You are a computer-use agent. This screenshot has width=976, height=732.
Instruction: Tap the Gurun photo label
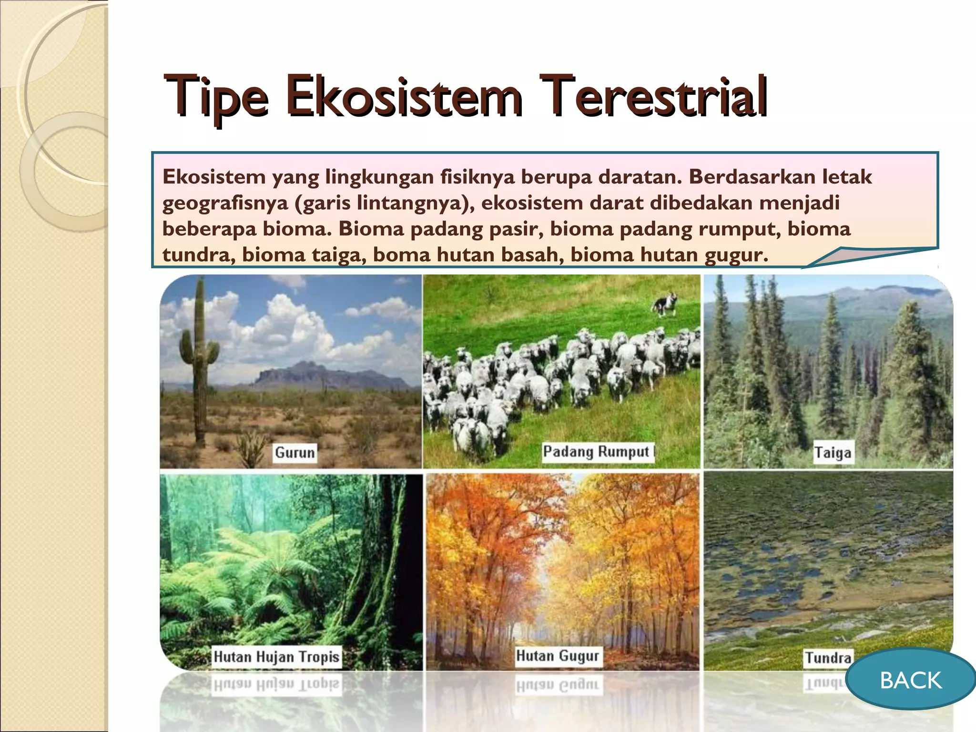(295, 452)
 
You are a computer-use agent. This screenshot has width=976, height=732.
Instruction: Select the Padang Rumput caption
(596, 451)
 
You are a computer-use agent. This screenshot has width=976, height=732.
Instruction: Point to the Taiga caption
(833, 452)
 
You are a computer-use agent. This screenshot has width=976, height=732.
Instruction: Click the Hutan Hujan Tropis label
(276, 657)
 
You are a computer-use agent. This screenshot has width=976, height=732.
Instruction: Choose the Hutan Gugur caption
(557, 656)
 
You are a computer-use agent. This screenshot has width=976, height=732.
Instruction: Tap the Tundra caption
(828, 658)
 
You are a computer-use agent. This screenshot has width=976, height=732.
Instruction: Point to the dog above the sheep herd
(666, 303)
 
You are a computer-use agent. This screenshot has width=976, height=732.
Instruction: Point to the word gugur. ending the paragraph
(736, 255)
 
